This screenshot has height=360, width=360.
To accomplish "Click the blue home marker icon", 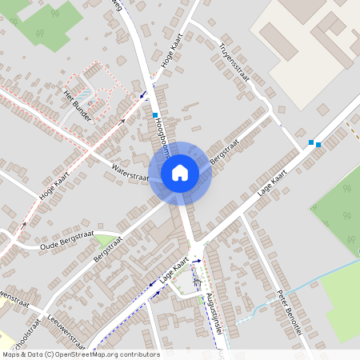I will click(x=180, y=172).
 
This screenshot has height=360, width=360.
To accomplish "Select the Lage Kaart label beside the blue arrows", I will click(x=173, y=270).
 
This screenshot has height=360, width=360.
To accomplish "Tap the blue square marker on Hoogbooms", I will click(x=155, y=116).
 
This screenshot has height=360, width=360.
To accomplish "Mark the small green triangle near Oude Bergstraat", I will click(x=103, y=240).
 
